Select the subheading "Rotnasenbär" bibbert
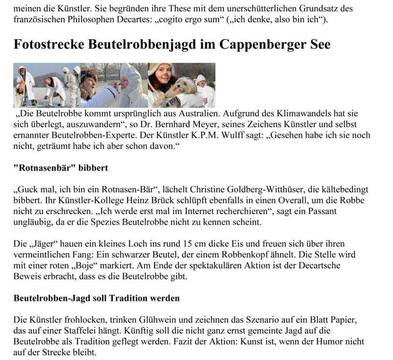(60, 168)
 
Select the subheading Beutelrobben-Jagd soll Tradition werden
(96, 298)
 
